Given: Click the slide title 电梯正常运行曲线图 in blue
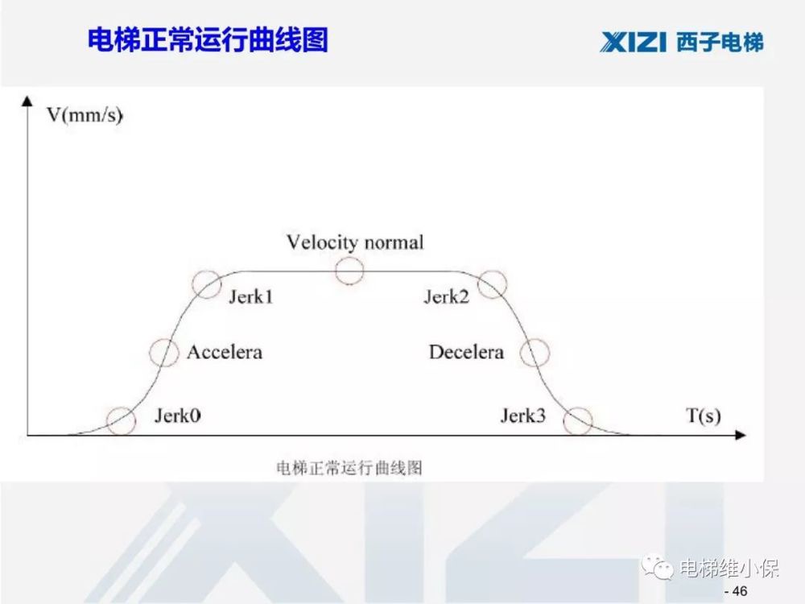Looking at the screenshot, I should click(x=208, y=40).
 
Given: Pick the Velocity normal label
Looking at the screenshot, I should click(x=355, y=242).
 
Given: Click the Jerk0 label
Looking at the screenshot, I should click(x=177, y=416).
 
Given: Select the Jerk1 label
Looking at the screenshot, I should click(x=251, y=297).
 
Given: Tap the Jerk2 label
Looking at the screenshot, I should click(x=446, y=297).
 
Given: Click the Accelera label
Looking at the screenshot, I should click(x=225, y=352).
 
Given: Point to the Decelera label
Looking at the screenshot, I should click(x=466, y=352).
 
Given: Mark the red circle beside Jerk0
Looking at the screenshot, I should click(x=121, y=420).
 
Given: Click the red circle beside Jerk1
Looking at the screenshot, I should click(x=207, y=283).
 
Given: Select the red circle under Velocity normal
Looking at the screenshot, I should click(x=349, y=271).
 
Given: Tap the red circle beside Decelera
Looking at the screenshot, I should click(x=535, y=352).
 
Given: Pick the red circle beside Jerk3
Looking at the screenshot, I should click(x=577, y=420).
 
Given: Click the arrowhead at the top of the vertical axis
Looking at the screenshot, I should click(x=28, y=101).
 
